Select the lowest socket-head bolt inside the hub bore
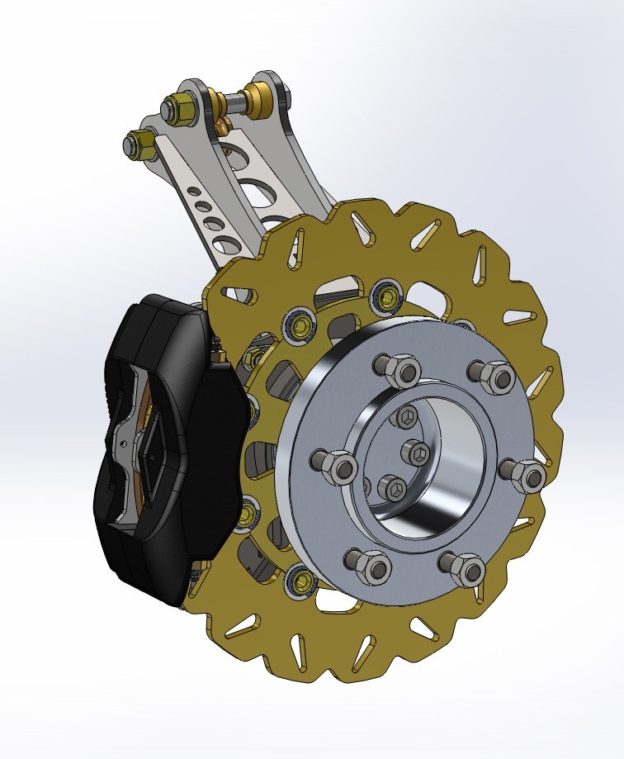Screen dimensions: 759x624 pyautogui.click(x=395, y=488)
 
